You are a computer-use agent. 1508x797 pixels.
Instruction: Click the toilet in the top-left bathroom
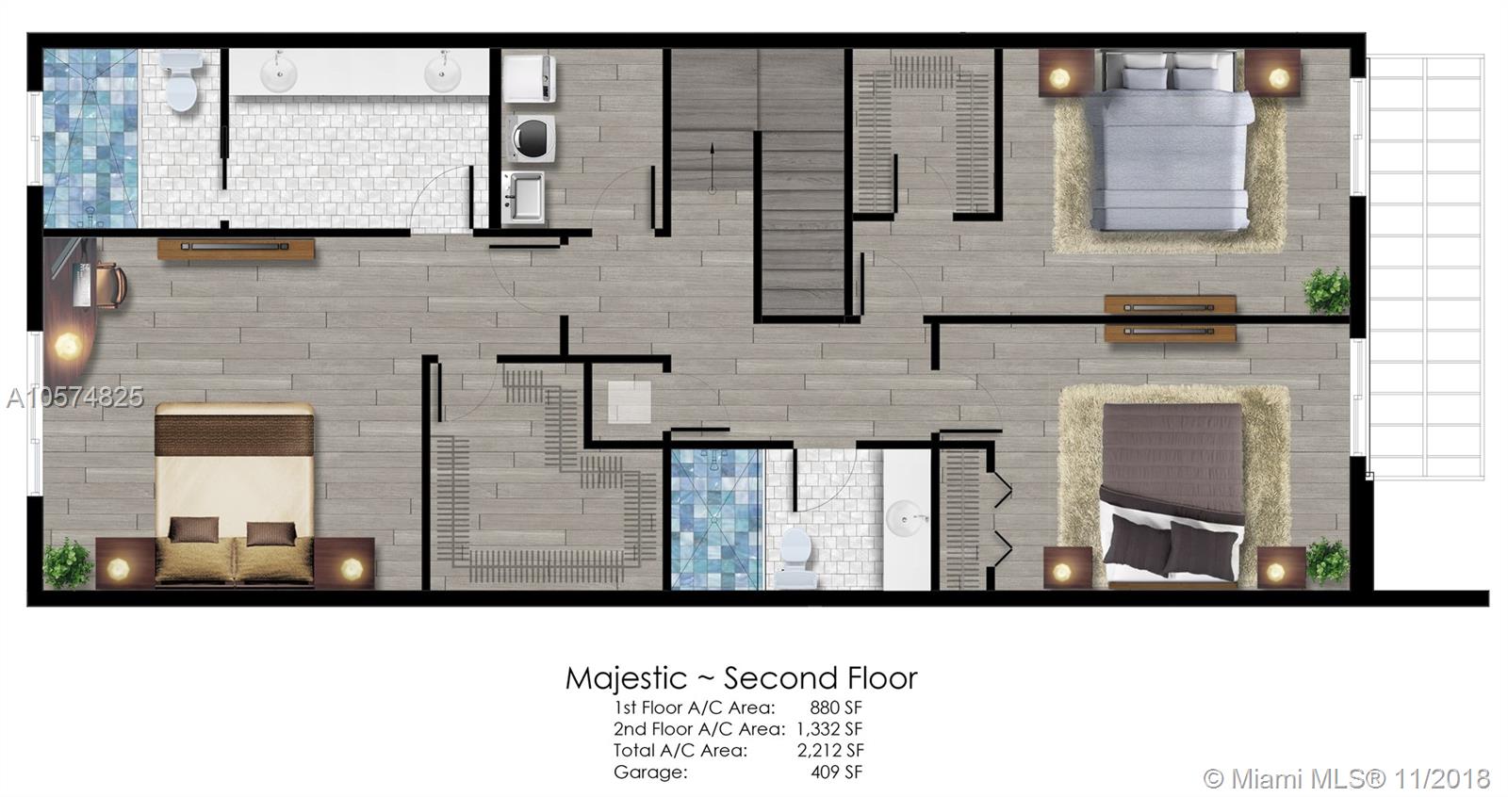(181, 81)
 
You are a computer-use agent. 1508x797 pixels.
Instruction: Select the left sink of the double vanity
(278, 73)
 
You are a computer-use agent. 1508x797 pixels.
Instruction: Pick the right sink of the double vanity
(443, 73)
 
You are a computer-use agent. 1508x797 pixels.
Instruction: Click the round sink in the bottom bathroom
(906, 519)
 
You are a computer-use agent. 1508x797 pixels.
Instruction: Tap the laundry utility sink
(524, 197)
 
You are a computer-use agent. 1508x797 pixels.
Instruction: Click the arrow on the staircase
(712, 167)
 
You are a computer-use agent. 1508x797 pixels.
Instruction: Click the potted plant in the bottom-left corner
(67, 562)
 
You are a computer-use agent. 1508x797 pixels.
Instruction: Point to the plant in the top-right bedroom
(1327, 290)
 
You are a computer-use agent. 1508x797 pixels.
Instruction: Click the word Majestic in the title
(626, 678)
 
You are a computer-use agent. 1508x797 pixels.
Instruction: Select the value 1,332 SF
(829, 728)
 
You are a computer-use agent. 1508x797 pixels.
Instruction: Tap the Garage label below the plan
(650, 773)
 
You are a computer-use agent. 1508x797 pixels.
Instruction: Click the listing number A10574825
(74, 398)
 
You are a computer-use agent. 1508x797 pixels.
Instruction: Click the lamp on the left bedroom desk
(68, 346)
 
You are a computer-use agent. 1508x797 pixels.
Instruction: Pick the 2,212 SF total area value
(830, 750)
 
